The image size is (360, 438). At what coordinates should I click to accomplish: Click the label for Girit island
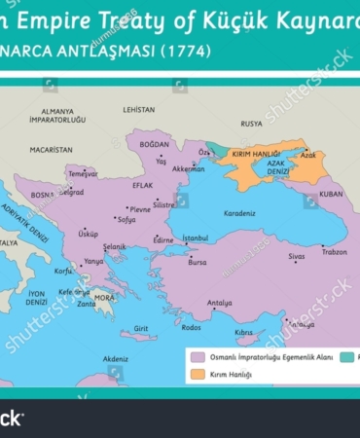pos(141,328)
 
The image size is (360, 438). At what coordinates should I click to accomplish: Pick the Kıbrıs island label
pos(243,332)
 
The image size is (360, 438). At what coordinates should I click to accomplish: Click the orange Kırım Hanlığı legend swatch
pos(198,374)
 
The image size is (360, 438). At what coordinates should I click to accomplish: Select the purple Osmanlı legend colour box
pos(198,357)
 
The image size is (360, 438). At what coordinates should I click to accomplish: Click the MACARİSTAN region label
pos(51,151)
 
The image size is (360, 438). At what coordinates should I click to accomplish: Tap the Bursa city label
pos(198,262)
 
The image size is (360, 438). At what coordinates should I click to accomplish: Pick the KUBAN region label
pos(331,194)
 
